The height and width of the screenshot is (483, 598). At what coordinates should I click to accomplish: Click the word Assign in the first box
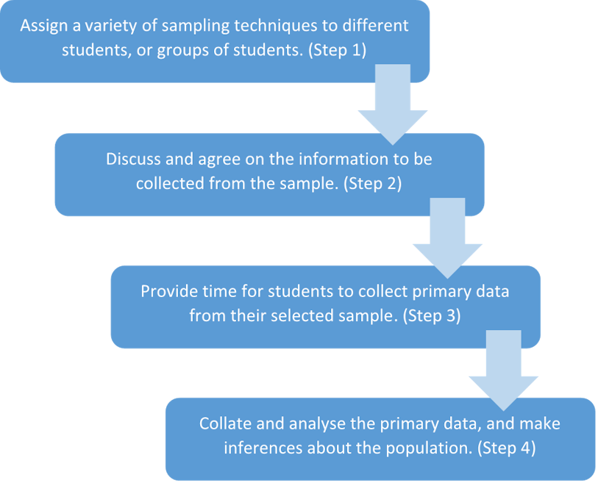[x=42, y=25]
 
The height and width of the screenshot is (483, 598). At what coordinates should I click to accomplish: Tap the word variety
[x=105, y=25]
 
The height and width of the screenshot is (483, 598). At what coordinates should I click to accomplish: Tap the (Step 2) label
[x=372, y=184]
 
